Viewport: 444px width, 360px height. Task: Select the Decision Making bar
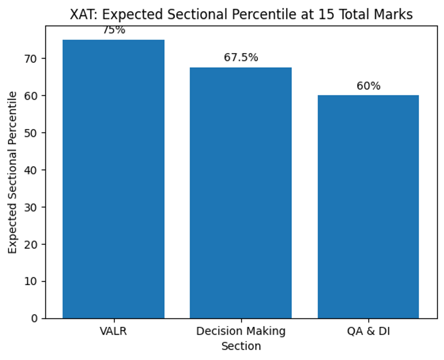(240, 193)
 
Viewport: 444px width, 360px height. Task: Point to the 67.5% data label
(241, 58)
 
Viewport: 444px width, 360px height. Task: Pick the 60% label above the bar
(368, 86)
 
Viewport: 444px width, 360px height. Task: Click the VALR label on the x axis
(113, 331)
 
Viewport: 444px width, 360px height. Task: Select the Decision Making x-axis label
(241, 331)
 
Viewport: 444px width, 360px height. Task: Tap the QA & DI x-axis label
(368, 331)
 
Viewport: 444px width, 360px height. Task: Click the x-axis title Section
(241, 346)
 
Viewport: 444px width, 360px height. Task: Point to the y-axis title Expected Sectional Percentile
(13, 172)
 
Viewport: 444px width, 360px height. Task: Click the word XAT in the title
(80, 15)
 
